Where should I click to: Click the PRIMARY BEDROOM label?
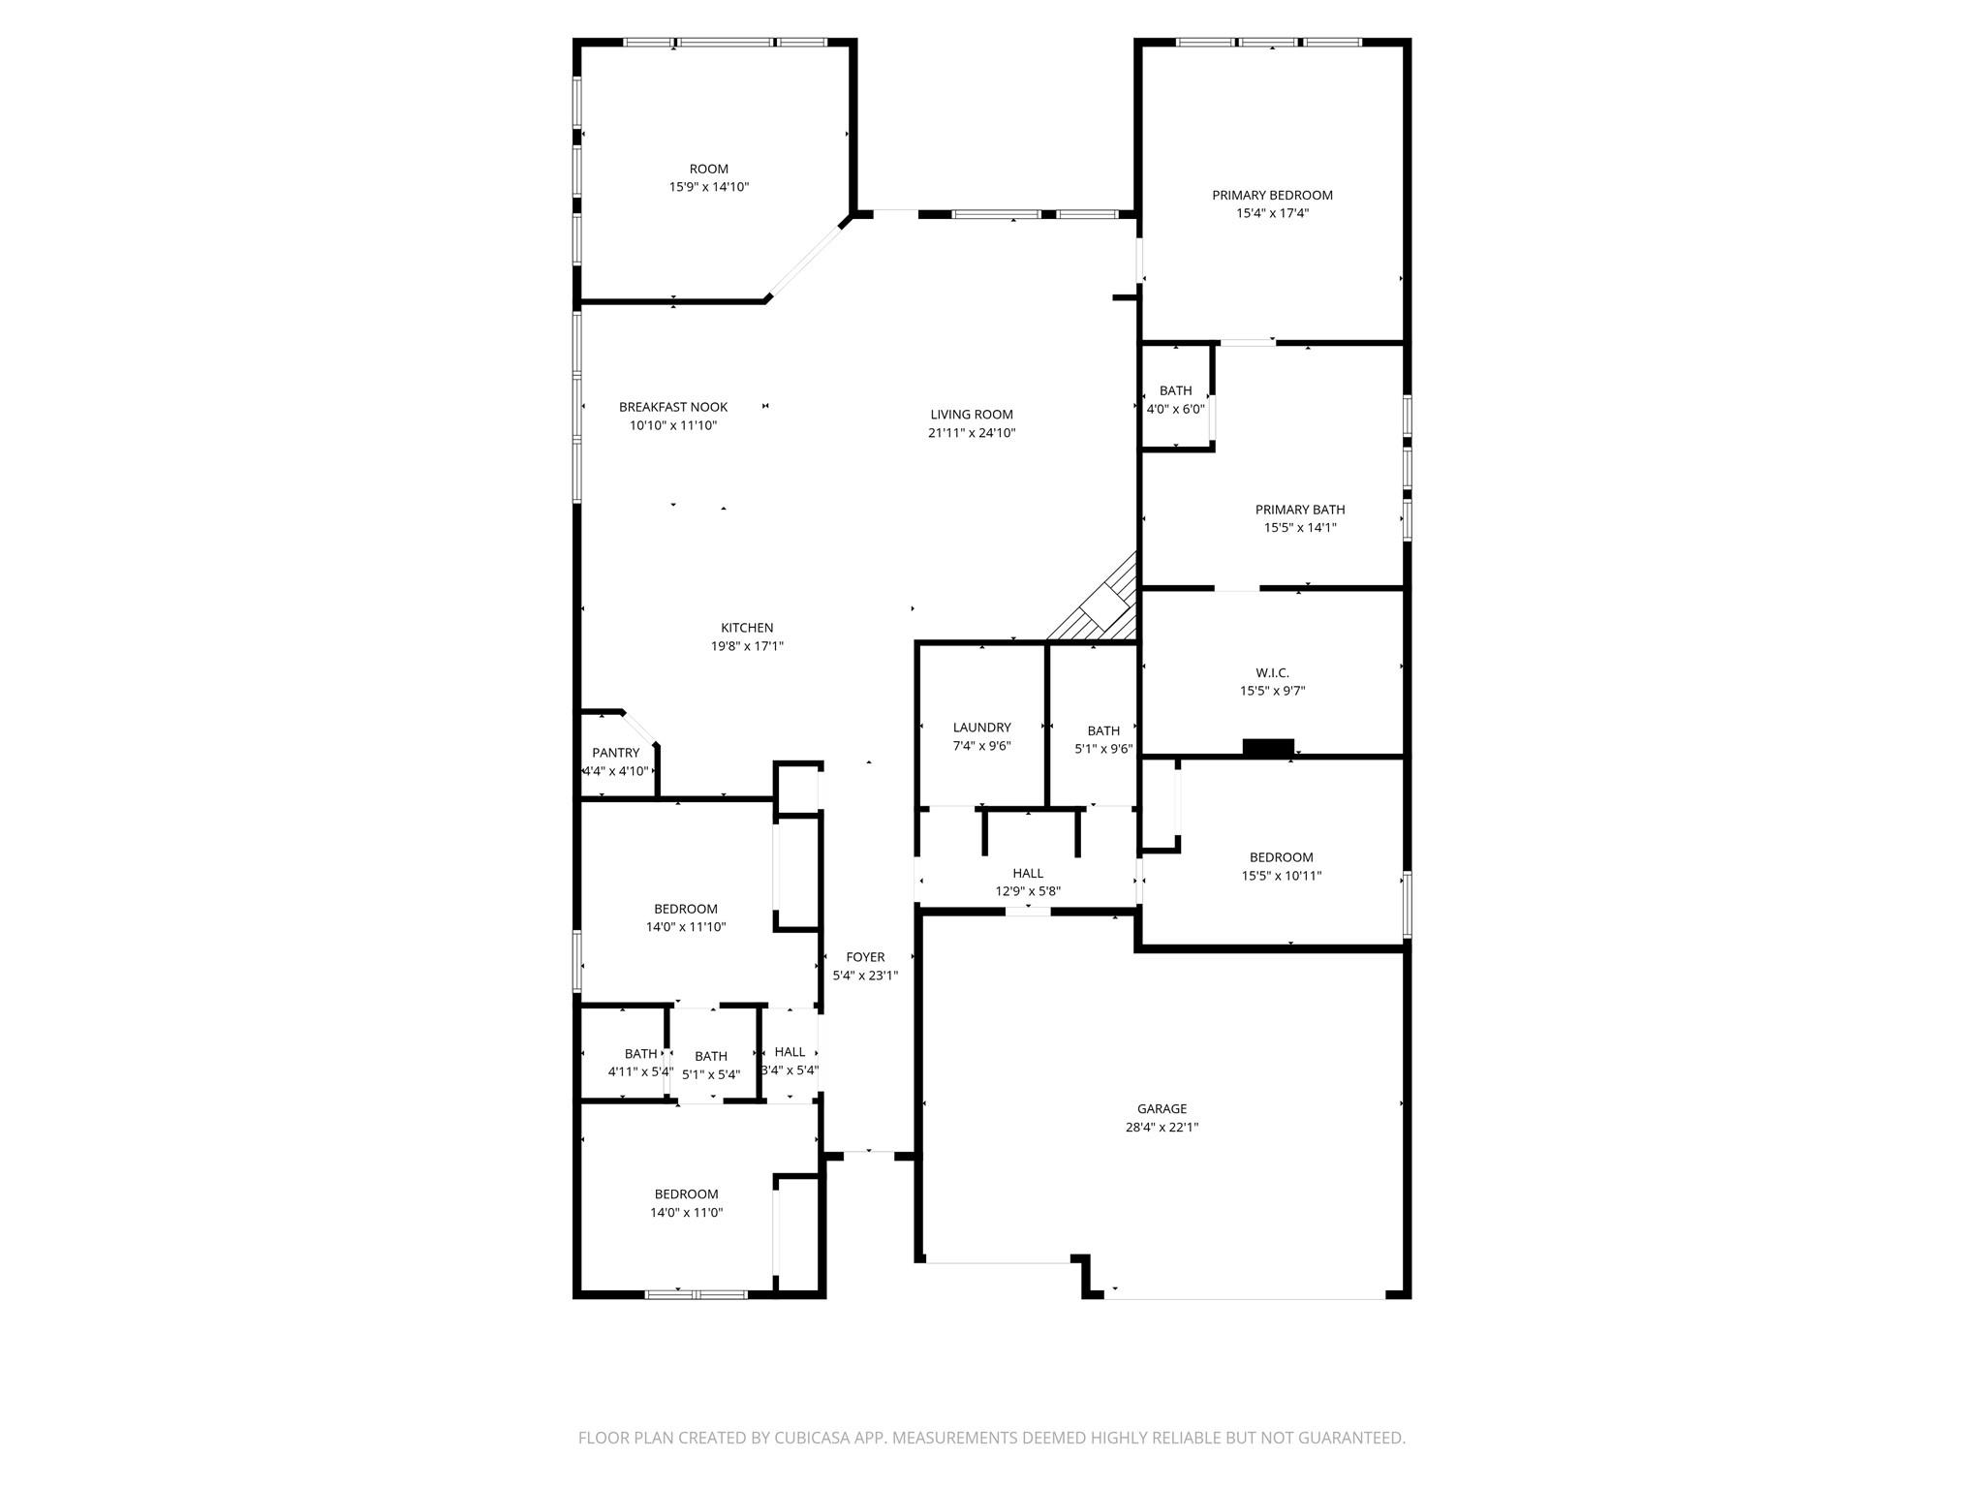(x=1272, y=195)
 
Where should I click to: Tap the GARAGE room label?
(x=1162, y=1108)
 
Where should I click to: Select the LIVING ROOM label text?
(x=972, y=415)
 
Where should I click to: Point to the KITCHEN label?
(x=747, y=628)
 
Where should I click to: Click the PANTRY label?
(x=616, y=753)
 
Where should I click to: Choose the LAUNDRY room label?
(x=982, y=728)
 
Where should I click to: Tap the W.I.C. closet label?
(x=1272, y=672)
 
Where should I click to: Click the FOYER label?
(x=865, y=957)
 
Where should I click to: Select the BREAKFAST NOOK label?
(x=673, y=407)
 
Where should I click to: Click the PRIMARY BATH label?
(x=1300, y=510)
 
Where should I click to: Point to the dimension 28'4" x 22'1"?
(x=1162, y=1127)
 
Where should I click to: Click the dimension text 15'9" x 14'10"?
(x=709, y=187)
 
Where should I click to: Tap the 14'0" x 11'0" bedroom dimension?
(x=686, y=1212)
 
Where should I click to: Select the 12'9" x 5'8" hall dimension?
(x=1028, y=891)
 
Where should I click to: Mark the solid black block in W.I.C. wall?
(x=1268, y=747)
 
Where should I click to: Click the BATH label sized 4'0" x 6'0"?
(x=1175, y=390)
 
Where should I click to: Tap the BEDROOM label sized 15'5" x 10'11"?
(x=1281, y=857)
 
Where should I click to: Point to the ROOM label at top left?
(x=709, y=169)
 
